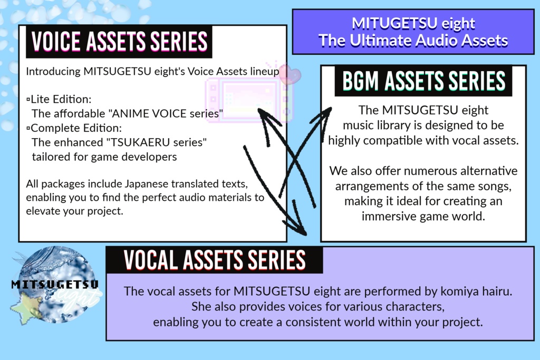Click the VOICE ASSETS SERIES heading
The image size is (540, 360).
pyautogui.click(x=119, y=41)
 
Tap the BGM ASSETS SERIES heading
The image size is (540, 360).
pyautogui.click(x=423, y=81)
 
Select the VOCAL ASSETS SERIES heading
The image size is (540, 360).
pyautogui.click(x=215, y=260)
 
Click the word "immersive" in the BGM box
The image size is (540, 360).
pyautogui.click(x=388, y=216)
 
